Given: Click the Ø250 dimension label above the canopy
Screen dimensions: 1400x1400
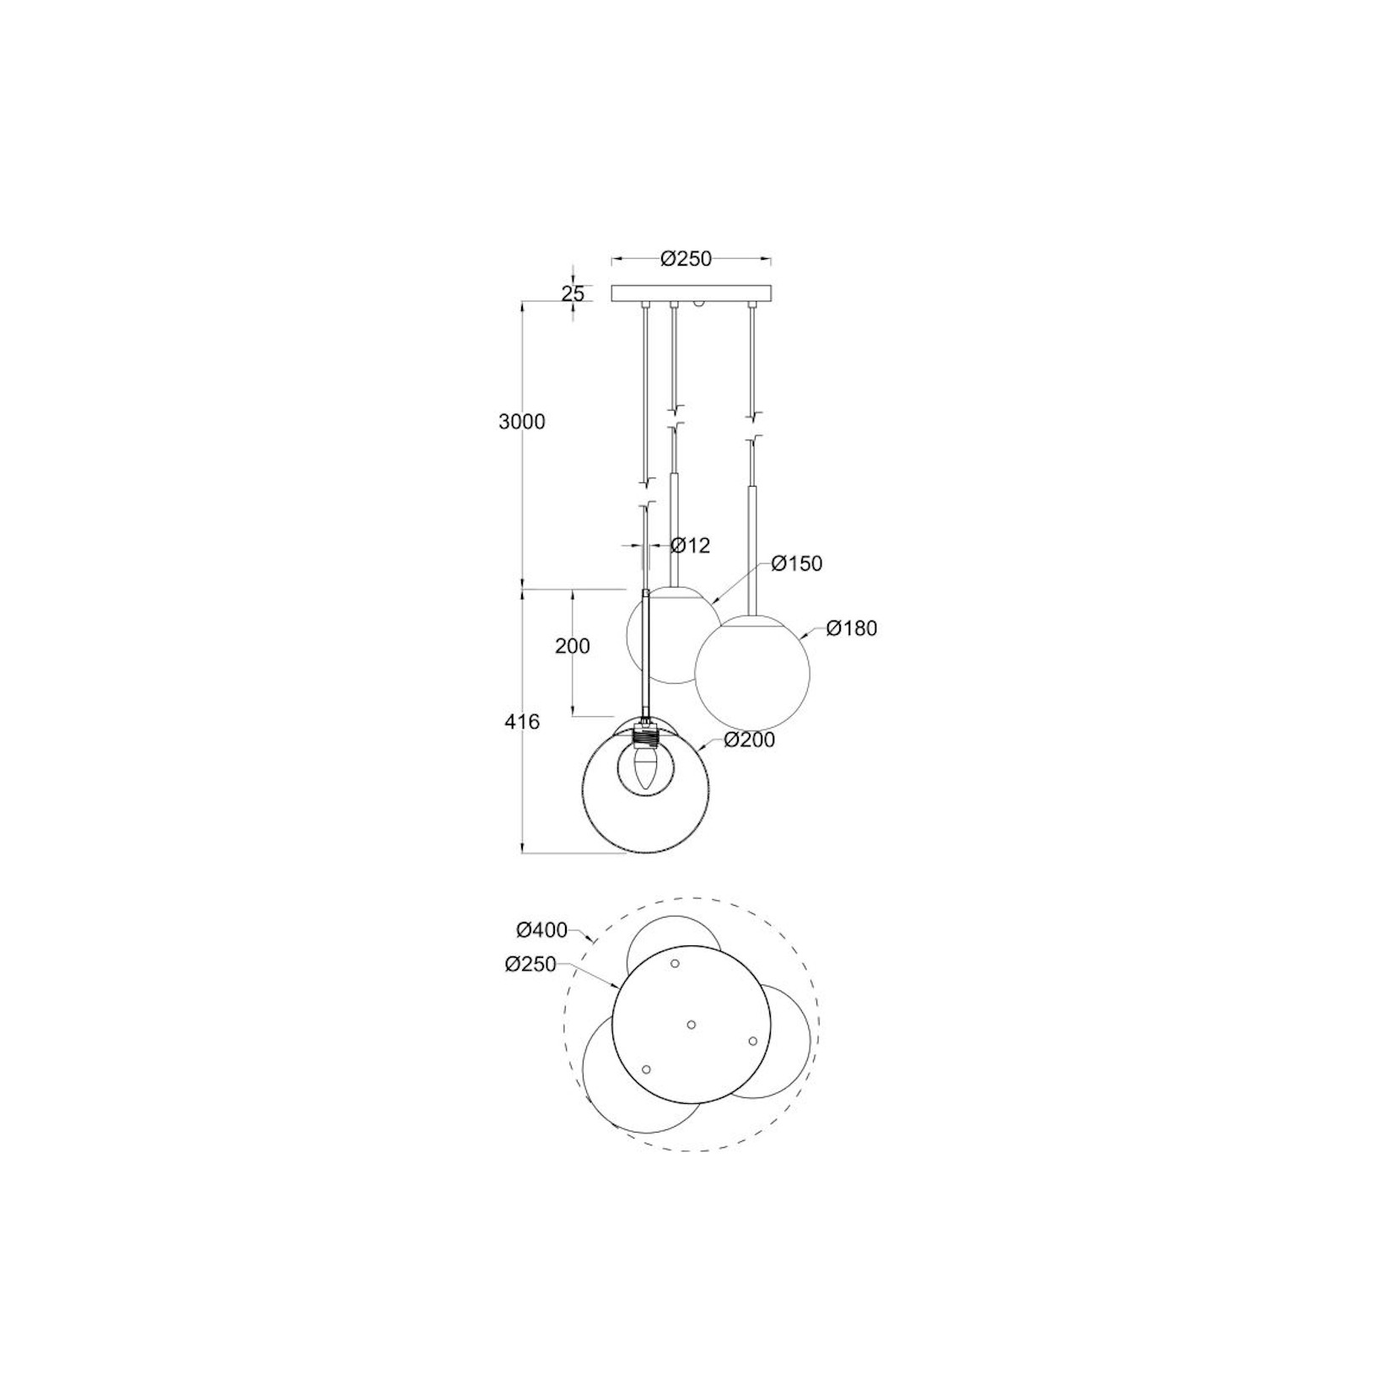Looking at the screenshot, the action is pyautogui.click(x=686, y=258).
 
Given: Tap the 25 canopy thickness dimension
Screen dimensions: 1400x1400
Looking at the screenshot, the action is pyautogui.click(x=573, y=293).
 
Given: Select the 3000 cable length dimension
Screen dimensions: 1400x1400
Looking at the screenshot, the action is pyautogui.click(x=522, y=421).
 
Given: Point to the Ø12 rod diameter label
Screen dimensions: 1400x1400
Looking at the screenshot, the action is pyautogui.click(x=690, y=545).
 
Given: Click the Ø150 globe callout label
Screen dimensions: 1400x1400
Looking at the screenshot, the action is pyautogui.click(x=796, y=563).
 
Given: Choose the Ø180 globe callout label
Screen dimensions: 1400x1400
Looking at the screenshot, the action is pyautogui.click(x=852, y=628).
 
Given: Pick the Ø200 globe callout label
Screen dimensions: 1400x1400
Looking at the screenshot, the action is pyautogui.click(x=749, y=740).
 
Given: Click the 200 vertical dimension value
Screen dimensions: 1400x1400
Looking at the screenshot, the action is pyautogui.click(x=573, y=646).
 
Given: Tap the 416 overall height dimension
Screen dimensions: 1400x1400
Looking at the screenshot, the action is pyautogui.click(x=522, y=722).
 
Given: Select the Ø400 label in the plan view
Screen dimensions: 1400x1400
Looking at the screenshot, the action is pyautogui.click(x=541, y=930).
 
